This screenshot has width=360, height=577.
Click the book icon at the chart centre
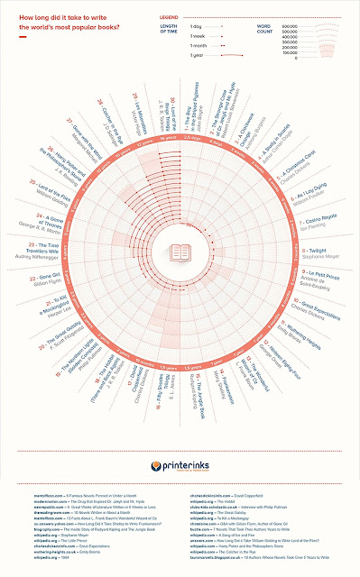180,255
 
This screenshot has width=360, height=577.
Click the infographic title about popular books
64,22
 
